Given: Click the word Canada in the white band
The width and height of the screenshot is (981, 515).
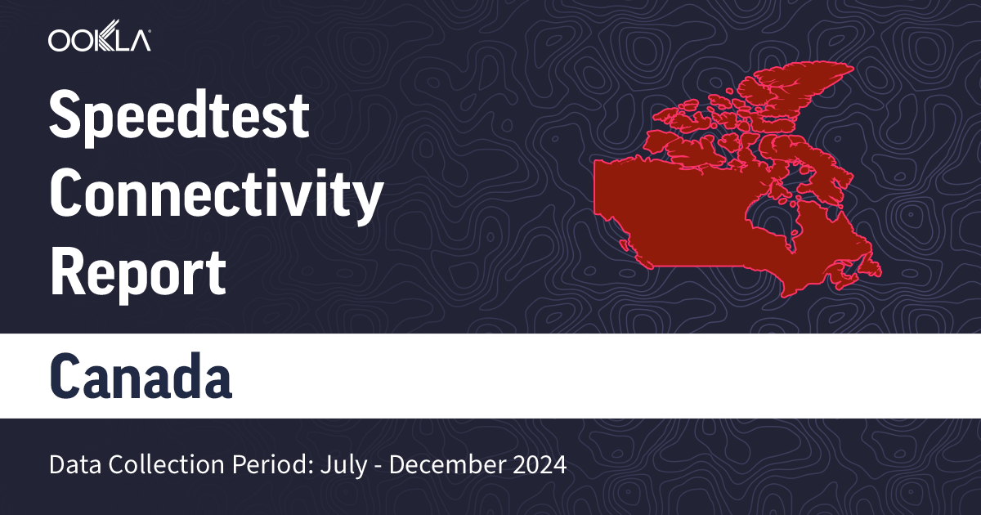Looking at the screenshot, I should pos(141,377).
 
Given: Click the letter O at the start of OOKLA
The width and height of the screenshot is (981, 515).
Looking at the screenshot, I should pos(60,40).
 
